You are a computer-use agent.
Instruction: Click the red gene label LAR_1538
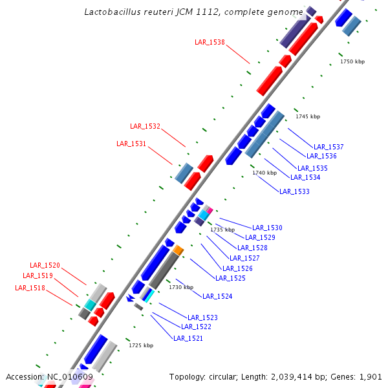pos(210,42)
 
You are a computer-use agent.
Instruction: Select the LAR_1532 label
pos(145,126)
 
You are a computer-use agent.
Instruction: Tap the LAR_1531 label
pos(131,144)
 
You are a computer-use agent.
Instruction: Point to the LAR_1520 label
pos(45,265)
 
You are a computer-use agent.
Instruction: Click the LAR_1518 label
pos(30,288)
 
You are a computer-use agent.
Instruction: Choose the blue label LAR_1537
pos(329,147)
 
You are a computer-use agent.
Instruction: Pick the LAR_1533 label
pos(294,191)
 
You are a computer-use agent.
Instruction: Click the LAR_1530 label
pos(267,228)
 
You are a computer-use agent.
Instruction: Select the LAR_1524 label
pos(217,296)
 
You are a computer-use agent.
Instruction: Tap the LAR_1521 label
pos(188,338)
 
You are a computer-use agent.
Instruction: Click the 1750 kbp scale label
pos(352,61)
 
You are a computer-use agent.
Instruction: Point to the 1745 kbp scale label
pos(308,116)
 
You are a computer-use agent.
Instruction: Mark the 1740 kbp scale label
pos(264,173)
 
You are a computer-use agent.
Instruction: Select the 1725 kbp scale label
pos(141,345)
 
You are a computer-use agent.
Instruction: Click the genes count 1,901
pos(371,376)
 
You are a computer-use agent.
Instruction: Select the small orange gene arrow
pos(178,250)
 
